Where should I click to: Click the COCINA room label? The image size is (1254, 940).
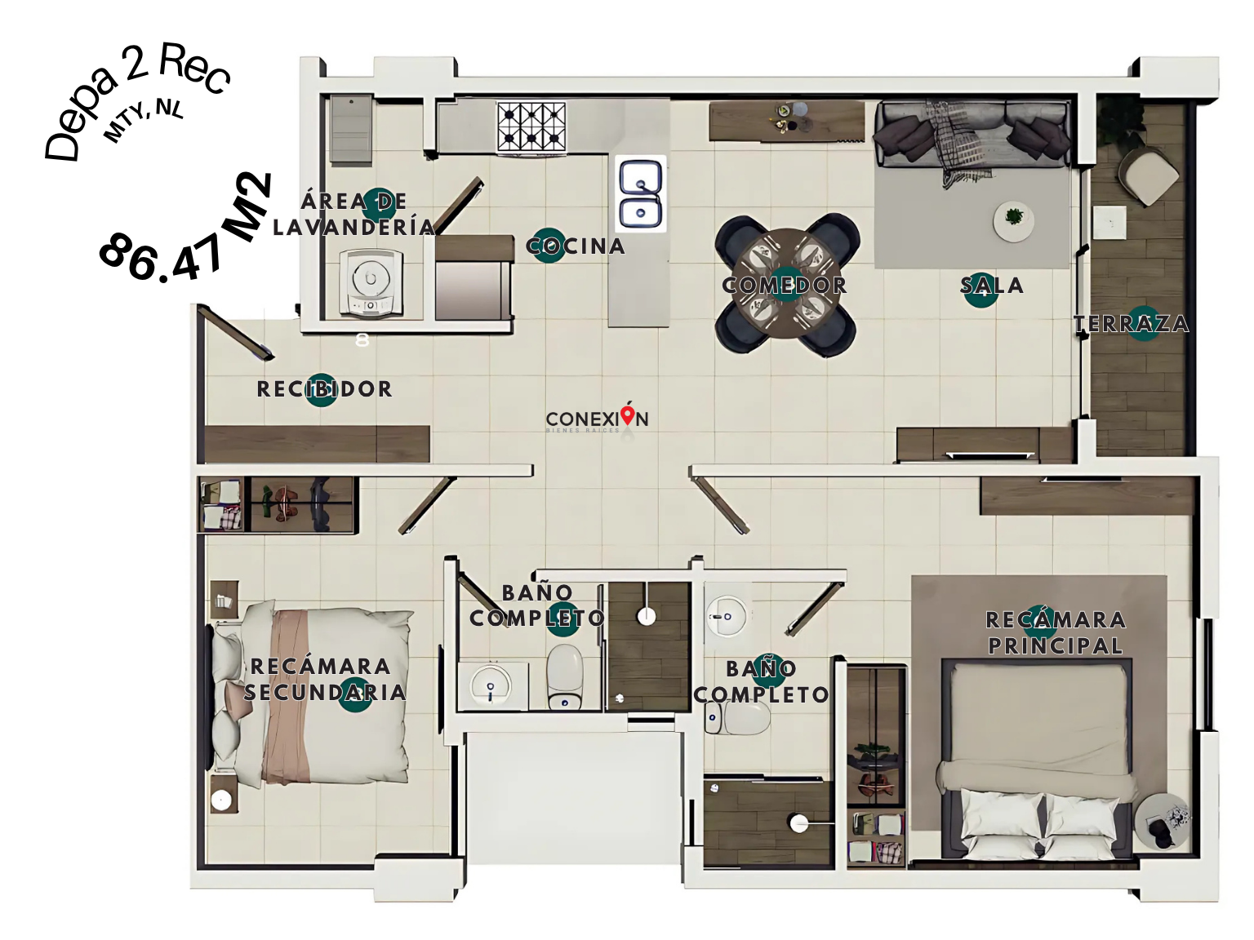click(x=575, y=246)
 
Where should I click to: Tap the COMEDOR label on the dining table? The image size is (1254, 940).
click(x=785, y=286)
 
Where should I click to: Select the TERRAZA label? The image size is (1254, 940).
click(x=1132, y=324)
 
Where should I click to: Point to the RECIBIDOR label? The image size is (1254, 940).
click(x=324, y=389)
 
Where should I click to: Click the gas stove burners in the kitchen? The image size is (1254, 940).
click(x=531, y=126)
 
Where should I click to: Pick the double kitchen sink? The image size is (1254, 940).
click(x=641, y=193)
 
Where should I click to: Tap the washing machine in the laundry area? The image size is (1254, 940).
click(x=371, y=282)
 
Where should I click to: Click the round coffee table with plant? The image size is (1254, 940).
click(x=1013, y=221)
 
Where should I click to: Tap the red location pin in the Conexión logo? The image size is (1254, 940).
click(x=628, y=415)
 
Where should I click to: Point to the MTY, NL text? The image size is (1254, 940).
click(x=143, y=121)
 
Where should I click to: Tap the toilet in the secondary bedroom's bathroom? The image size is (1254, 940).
click(x=565, y=676)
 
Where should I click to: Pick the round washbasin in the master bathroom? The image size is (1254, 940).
click(x=726, y=616)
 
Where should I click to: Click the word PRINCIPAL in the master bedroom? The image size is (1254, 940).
click(x=1056, y=646)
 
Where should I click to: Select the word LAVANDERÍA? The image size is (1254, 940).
click(x=354, y=227)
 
